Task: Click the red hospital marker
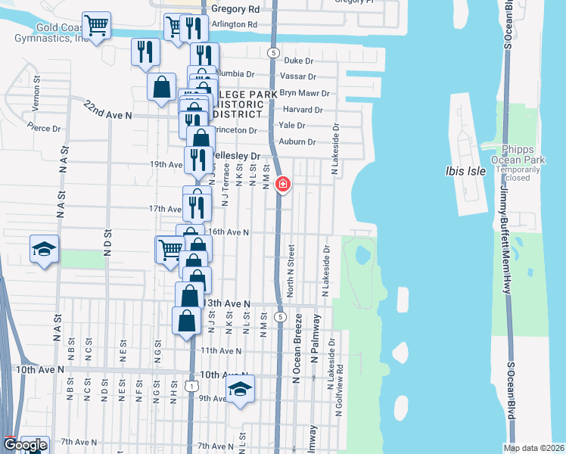point(283,184)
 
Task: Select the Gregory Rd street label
point(235,10)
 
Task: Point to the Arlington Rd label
point(235,24)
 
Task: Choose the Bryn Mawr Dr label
point(305,93)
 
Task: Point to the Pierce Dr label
point(42,127)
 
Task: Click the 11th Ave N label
point(220,351)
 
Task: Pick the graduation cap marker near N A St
point(45,249)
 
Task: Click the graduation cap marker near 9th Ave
point(241,389)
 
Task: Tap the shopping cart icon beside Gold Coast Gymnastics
point(96,26)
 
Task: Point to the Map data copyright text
point(533,448)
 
